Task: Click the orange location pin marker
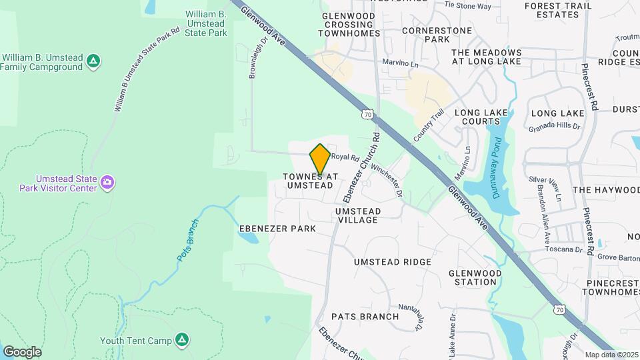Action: [x=320, y=159]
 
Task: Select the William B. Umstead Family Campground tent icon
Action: [x=94, y=62]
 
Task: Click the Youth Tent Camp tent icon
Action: [x=181, y=341]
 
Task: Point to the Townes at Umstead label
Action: [x=307, y=181]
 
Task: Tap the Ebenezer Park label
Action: [x=277, y=229]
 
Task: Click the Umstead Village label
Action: [x=358, y=215]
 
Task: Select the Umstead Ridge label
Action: [x=393, y=262]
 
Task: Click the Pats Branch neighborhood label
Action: [x=365, y=317]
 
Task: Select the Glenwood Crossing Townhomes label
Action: [x=351, y=24]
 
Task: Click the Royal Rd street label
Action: [x=345, y=157]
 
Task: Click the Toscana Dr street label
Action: [x=565, y=249]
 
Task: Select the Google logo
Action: [x=21, y=352]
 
